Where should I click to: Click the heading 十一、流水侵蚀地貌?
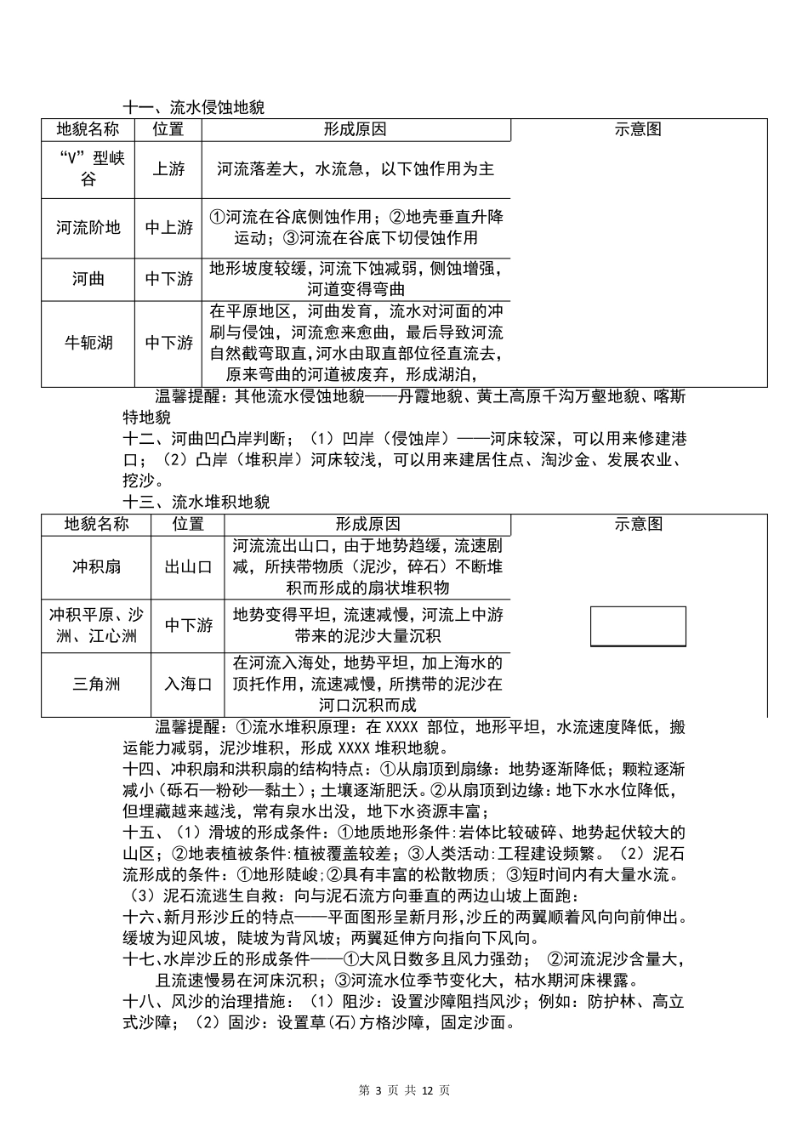pos(194,108)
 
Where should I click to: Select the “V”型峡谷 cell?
pos(88,168)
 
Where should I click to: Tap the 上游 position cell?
pos(168,169)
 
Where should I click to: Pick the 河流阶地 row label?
pos(88,228)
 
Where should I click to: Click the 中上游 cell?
pos(168,228)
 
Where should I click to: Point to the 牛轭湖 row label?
pos(88,343)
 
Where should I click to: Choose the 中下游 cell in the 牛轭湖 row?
pos(168,343)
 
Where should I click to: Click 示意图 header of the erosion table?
pos(638,130)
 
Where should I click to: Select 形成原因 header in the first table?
pos(356,130)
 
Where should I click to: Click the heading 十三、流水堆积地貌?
pos(196,502)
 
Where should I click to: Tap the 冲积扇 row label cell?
pos(96,566)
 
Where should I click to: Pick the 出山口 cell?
pos(188,566)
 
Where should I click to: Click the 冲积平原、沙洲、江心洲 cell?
pos(96,625)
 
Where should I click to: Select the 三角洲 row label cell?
pos(96,684)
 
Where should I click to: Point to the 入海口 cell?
pos(188,684)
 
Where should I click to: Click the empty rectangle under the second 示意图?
pos(638,627)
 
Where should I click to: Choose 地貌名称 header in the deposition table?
pos(96,525)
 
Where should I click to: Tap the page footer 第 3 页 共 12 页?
pos(404,1091)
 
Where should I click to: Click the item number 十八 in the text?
pos(139,1002)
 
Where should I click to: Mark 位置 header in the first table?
pos(168,130)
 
